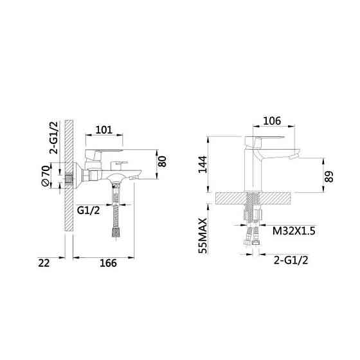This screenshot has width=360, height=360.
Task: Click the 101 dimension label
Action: (104, 130)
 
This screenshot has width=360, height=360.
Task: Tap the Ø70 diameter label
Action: (46, 175)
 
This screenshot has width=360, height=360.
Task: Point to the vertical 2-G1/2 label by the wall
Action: (55, 139)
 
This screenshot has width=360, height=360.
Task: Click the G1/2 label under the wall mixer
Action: (88, 210)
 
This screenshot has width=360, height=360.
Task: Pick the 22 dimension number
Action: (44, 262)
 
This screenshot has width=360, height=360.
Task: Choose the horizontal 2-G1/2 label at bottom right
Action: (290, 260)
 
